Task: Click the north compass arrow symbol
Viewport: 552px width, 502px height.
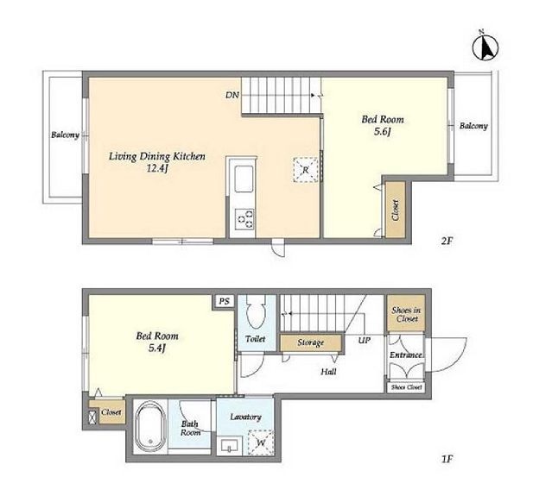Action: tap(485, 47)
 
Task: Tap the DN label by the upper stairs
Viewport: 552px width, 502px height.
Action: tap(232, 95)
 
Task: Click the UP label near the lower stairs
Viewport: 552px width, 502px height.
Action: tap(365, 340)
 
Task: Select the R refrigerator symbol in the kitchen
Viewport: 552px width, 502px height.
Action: tap(305, 170)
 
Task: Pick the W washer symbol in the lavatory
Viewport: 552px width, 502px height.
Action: tap(261, 442)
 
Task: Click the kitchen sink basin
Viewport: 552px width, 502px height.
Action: tap(244, 179)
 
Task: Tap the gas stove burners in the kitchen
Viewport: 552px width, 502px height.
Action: tap(245, 219)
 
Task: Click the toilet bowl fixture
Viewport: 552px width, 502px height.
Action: tap(256, 311)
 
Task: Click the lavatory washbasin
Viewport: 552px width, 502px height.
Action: tap(229, 446)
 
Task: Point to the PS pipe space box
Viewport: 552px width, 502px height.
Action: tap(225, 301)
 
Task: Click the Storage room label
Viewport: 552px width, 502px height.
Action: tap(310, 342)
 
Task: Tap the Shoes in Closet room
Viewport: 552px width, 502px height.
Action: tap(406, 313)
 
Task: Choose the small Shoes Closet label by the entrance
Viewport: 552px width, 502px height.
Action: tap(406, 387)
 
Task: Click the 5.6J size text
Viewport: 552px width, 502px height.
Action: tap(383, 132)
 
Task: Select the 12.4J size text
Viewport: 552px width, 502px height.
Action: tap(157, 169)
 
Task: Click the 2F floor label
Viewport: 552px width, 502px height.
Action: tap(447, 242)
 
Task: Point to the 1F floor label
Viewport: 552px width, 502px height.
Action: tap(447, 459)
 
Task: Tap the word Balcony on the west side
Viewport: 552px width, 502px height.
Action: tap(65, 135)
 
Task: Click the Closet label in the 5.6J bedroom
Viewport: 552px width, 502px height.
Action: tap(396, 210)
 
